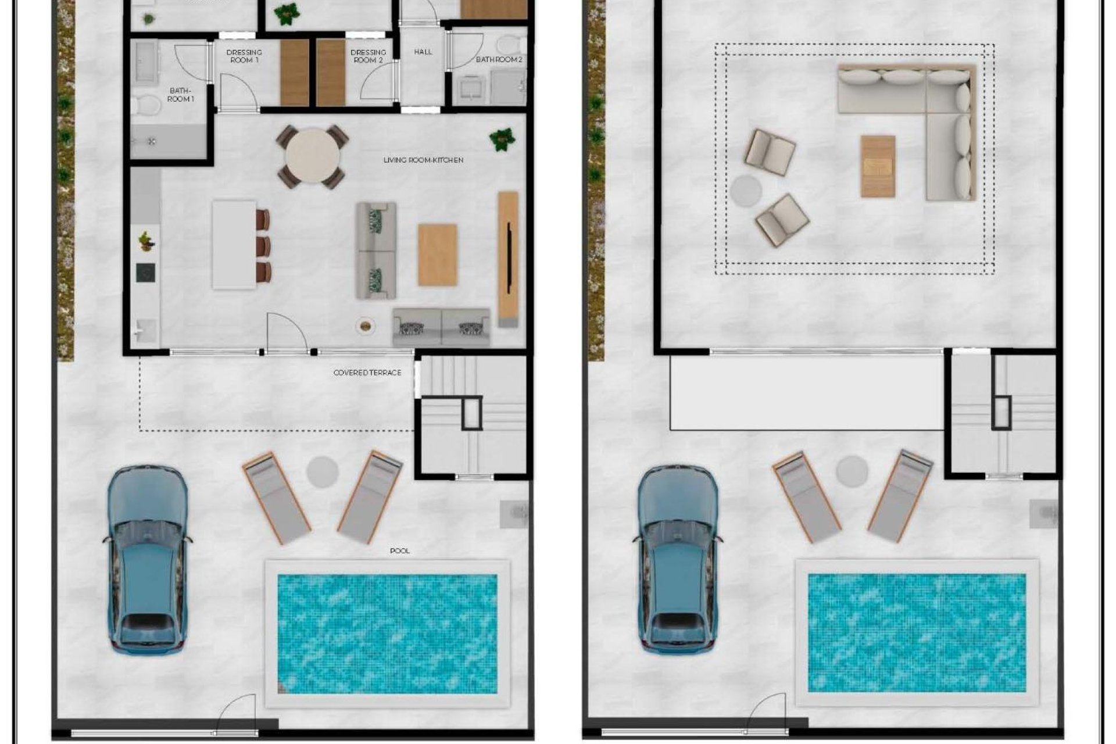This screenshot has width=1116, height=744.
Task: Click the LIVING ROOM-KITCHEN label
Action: click(423, 160)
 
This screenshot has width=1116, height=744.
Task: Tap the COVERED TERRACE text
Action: click(367, 373)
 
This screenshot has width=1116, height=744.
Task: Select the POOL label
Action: click(399, 550)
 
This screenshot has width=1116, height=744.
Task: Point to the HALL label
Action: click(423, 52)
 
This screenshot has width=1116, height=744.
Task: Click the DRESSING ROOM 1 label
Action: click(244, 56)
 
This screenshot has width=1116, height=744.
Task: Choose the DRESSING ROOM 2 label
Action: click(368, 56)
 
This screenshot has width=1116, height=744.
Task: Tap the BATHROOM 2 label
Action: click(499, 59)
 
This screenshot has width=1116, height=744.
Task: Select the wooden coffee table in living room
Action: click(437, 255)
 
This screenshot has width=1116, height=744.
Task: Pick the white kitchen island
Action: click(234, 245)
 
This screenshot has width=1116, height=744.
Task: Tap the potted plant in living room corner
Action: click(502, 139)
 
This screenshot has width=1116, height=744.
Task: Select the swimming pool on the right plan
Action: click(917, 632)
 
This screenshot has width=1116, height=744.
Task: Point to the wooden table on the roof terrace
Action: click(878, 166)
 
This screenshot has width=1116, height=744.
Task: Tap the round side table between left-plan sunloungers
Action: click(323, 471)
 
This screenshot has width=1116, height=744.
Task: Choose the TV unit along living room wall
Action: click(507, 259)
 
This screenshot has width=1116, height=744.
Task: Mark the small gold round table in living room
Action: click(364, 326)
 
